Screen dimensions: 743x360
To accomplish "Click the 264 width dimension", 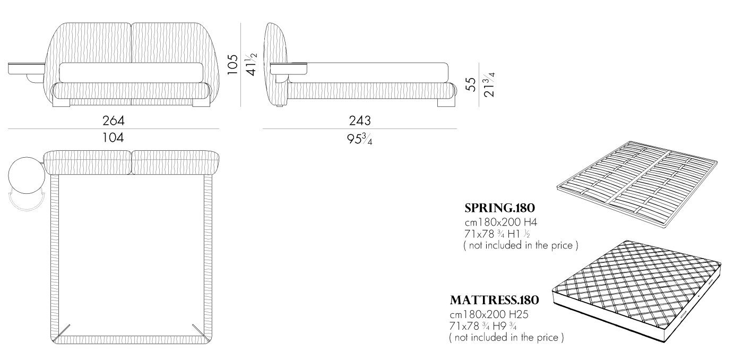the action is pos(114,121).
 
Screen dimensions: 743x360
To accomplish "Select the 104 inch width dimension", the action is pos(113,138).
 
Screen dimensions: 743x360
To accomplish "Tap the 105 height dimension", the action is pos(233,64).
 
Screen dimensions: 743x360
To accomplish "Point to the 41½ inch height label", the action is pos(250,64).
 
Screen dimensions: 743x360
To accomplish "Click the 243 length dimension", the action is pos(360,121).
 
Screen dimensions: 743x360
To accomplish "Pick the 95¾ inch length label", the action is pos(360,139).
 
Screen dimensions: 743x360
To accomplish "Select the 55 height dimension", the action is pos(471,84).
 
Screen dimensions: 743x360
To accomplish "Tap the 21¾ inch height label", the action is pos(489,84).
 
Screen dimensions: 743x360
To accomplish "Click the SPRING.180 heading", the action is pos(499,208).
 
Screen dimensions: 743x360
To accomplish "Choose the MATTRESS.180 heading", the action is pos(494,300).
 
